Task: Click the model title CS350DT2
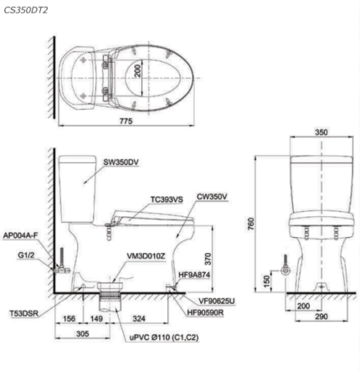click(x=26, y=10)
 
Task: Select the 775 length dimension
click(x=126, y=121)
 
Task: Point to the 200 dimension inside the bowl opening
click(x=138, y=70)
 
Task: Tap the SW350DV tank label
click(x=121, y=162)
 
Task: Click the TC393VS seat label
click(x=167, y=199)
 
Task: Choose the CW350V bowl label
click(x=212, y=197)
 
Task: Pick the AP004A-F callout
click(x=20, y=235)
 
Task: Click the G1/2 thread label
click(x=27, y=255)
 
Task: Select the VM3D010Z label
click(x=146, y=255)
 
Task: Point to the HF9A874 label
click(x=194, y=275)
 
